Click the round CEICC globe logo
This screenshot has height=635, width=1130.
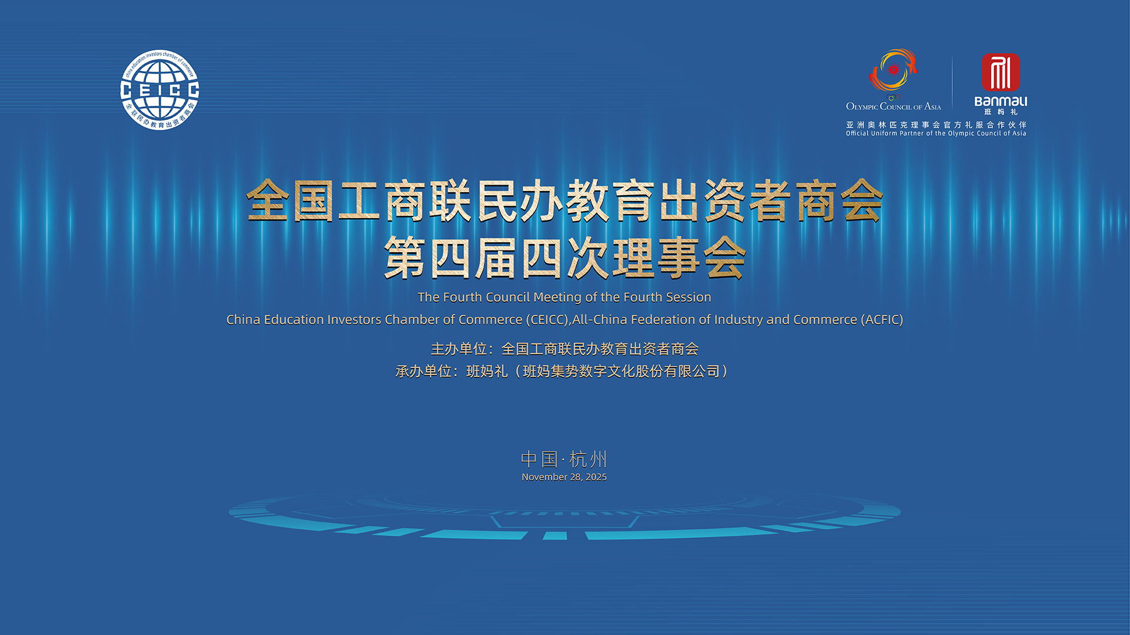point(159,89)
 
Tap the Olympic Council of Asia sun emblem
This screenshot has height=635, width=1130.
point(893,71)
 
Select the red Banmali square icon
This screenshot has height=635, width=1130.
point(1001,72)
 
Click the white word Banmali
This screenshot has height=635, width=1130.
point(1001,101)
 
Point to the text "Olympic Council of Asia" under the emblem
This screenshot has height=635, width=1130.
point(893,106)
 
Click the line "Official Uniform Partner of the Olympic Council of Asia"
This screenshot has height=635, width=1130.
point(936,133)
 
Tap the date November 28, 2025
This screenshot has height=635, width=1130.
point(564,477)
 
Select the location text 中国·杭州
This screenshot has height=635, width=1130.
point(564,459)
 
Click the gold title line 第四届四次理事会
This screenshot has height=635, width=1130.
point(565,258)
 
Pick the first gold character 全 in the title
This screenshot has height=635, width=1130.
point(268,200)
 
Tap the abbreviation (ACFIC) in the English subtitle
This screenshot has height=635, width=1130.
point(882,320)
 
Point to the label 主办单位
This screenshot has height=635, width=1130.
point(458,349)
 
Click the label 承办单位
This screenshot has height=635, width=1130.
point(423,372)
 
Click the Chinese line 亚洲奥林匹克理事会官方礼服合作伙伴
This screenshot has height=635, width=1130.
point(936,125)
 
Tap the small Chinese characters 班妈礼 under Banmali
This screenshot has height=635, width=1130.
point(1001,112)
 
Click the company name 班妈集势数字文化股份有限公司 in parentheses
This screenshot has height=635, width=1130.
point(621,372)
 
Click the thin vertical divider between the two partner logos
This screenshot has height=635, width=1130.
point(952,82)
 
